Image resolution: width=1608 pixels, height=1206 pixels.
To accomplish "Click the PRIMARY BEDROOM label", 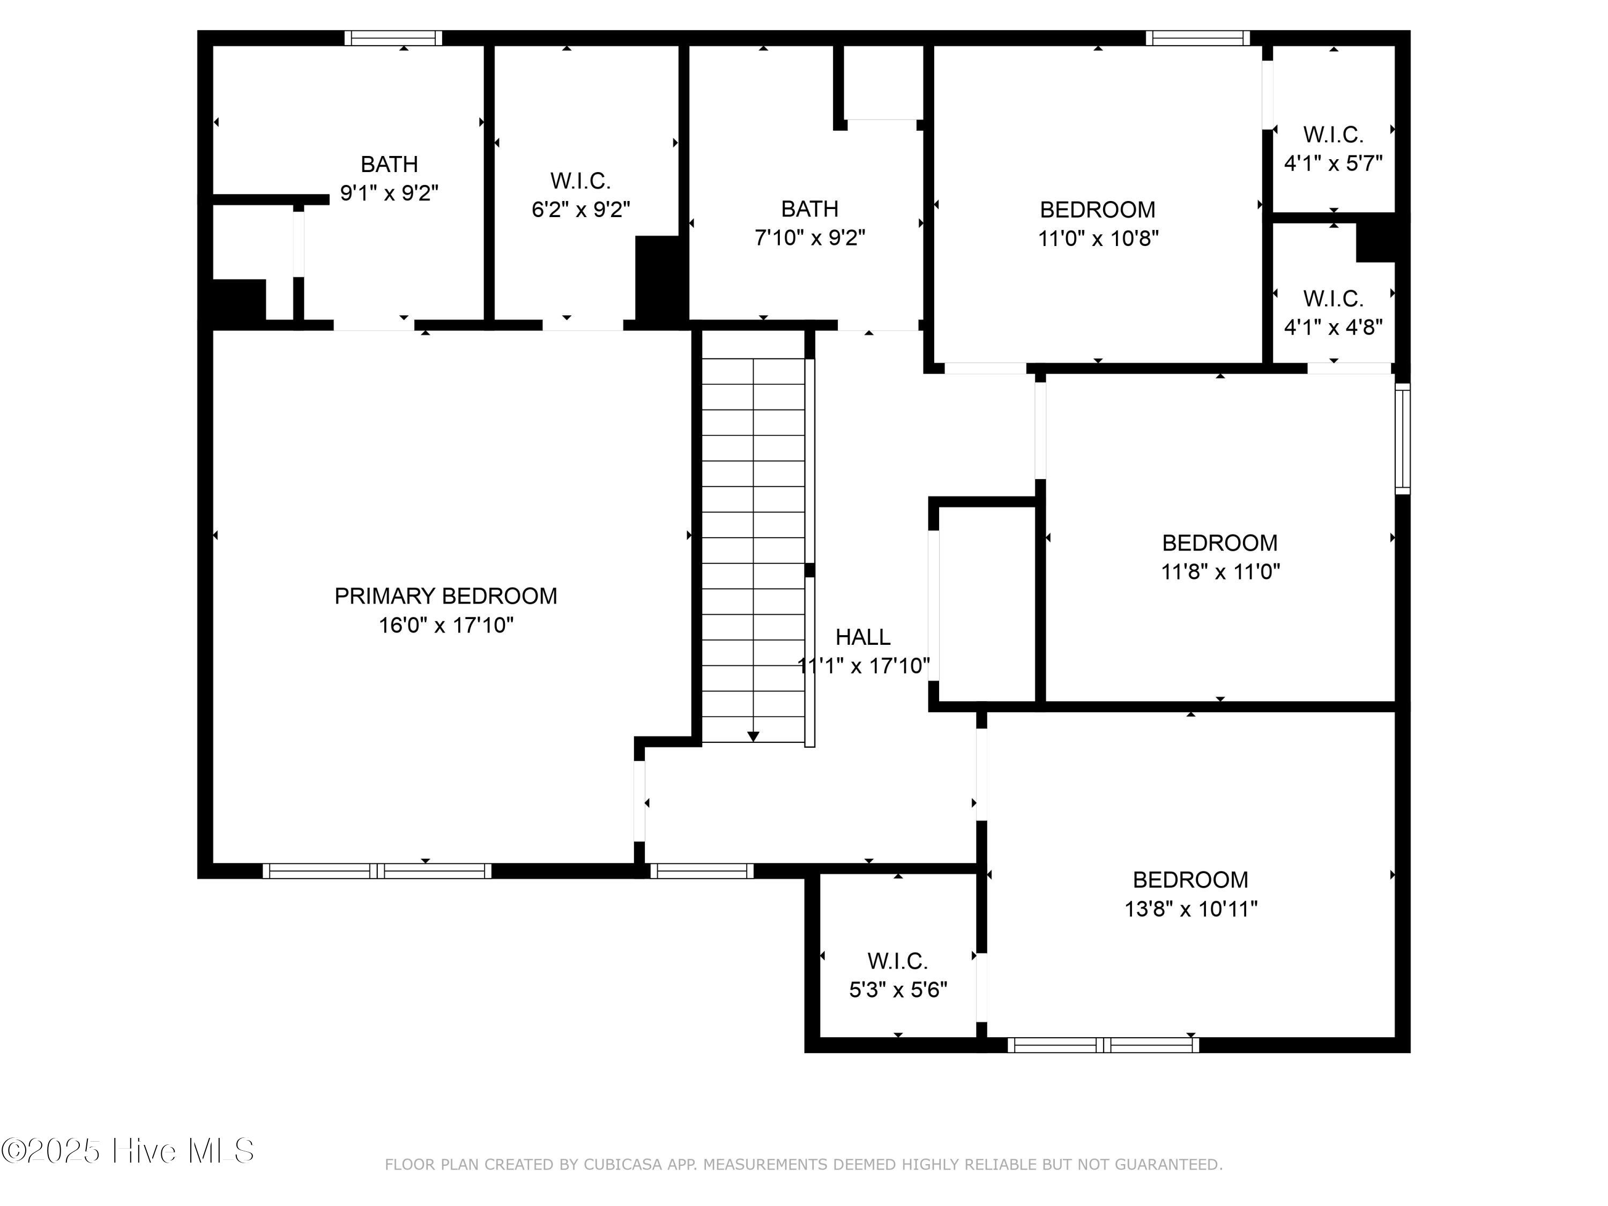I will [x=445, y=596].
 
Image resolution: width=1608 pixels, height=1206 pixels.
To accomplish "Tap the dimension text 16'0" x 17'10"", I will [x=445, y=625].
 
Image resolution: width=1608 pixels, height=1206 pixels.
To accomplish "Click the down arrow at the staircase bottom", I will [x=753, y=736].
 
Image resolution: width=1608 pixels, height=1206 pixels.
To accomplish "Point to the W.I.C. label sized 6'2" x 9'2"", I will [x=580, y=180].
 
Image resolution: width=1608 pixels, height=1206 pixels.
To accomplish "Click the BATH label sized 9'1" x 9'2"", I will [x=389, y=165].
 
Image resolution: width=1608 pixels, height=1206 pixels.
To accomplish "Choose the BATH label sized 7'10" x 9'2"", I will [x=809, y=210].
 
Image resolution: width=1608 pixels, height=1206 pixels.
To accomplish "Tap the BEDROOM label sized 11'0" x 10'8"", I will [x=1097, y=210].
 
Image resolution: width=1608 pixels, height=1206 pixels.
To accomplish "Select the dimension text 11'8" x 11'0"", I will [x=1220, y=571].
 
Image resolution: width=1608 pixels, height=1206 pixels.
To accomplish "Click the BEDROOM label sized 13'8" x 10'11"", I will [x=1190, y=880].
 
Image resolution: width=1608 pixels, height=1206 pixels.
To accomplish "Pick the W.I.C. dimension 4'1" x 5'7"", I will [x=1332, y=163].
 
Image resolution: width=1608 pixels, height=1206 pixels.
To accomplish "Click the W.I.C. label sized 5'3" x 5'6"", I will [x=897, y=961].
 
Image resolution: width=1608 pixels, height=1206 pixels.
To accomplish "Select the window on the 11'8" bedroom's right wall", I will [x=1402, y=438].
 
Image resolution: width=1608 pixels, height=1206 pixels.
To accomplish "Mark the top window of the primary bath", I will [x=392, y=38].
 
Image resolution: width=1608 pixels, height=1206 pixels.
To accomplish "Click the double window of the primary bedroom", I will [x=377, y=871].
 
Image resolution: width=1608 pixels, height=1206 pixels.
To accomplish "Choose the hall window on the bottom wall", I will [x=702, y=871].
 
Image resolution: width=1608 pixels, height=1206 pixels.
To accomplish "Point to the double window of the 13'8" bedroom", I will [x=1103, y=1045].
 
